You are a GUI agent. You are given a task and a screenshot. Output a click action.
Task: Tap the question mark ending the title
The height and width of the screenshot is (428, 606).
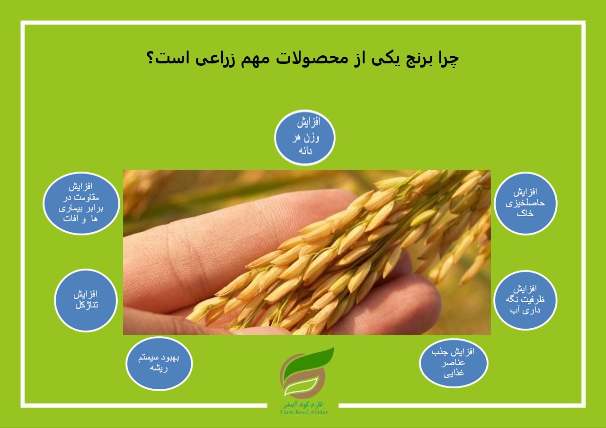click(150, 57)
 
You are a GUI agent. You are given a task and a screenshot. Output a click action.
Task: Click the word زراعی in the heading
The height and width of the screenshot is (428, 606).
click(215, 60)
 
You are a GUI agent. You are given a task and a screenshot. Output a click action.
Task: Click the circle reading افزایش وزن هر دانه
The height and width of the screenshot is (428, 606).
click(304, 138)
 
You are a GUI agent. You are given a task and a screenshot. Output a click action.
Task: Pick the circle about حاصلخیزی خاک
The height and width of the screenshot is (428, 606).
click(526, 203)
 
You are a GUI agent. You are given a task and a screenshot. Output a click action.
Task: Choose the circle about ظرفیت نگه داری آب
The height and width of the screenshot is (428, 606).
click(526, 300)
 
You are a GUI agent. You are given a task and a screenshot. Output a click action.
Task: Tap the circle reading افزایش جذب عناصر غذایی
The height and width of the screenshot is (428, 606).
click(454, 363)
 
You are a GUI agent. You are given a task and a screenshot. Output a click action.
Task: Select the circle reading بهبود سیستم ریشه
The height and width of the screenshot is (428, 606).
click(159, 363)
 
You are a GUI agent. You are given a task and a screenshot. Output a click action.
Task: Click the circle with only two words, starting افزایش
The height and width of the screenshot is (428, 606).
click(86, 300)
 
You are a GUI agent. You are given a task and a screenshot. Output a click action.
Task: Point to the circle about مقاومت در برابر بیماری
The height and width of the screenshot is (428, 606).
click(81, 203)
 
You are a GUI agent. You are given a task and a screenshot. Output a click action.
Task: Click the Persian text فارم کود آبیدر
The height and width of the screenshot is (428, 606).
click(303, 404)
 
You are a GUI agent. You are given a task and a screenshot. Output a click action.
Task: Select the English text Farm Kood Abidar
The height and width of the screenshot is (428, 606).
click(304, 412)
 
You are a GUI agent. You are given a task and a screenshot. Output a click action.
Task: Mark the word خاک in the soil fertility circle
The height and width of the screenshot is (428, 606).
click(525, 213)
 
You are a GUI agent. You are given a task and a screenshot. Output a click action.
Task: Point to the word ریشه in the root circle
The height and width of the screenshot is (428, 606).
click(159, 368)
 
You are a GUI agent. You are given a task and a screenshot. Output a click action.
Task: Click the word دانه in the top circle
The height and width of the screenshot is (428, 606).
click(305, 150)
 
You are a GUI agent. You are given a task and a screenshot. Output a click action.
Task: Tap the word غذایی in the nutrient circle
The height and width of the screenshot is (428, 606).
click(454, 373)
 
